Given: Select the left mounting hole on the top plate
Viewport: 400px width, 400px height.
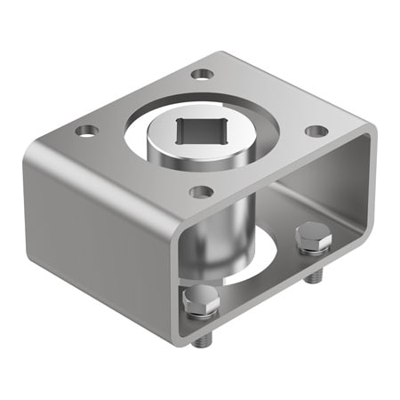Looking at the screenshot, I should click(86, 131).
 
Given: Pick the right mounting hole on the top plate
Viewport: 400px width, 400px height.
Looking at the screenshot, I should click(316, 131).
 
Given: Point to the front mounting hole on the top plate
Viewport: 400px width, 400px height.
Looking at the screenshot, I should click(202, 191).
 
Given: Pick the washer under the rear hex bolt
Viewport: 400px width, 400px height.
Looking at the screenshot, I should click(312, 252).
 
